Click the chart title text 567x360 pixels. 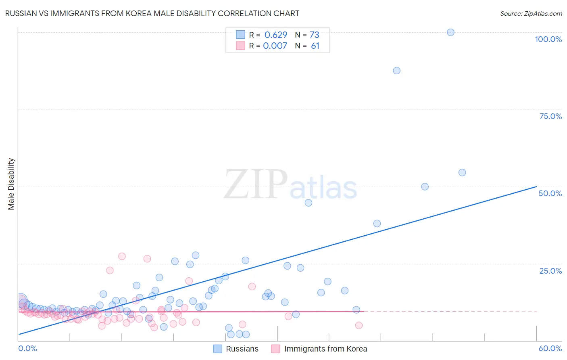tap(152, 13)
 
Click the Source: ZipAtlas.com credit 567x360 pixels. tap(531, 13)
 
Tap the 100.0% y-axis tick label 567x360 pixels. tap(548, 39)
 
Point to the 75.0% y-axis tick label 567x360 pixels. tap(550, 116)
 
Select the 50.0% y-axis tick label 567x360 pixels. tap(550, 193)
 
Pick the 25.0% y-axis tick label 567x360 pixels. tap(550, 270)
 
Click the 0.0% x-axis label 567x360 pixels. tap(27, 348)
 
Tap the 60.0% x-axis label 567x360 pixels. tap(550, 348)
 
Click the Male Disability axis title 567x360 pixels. tap(11, 184)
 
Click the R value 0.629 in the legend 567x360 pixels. tap(276, 35)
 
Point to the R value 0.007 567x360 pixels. tap(275, 46)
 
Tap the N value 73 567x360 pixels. tap(315, 35)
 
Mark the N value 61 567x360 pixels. tap(315, 46)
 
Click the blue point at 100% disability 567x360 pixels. tap(450, 32)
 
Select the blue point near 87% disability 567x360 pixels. tap(396, 71)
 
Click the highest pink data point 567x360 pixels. tap(122, 256)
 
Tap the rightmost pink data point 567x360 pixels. tap(359, 325)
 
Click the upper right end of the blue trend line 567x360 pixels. tap(536, 186)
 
